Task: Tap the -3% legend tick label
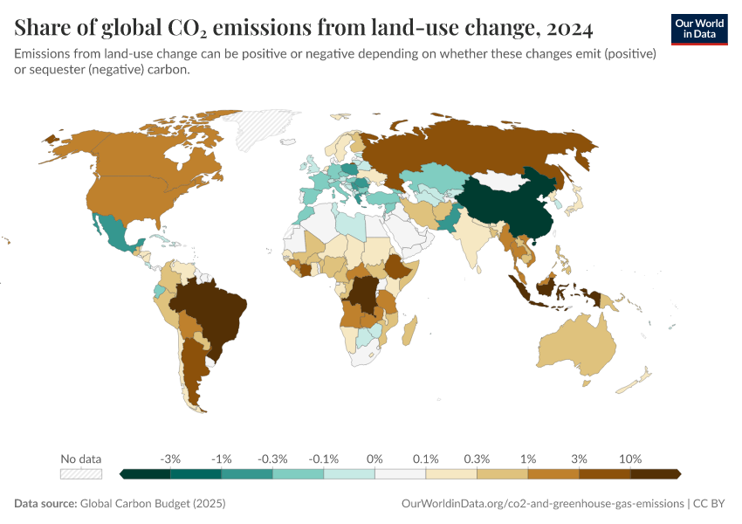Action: click(x=170, y=458)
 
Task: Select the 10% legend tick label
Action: click(x=630, y=458)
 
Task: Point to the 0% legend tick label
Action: click(x=374, y=458)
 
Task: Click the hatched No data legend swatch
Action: click(x=80, y=473)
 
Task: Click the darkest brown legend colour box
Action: click(x=655, y=473)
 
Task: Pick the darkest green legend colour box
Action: click(x=145, y=473)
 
